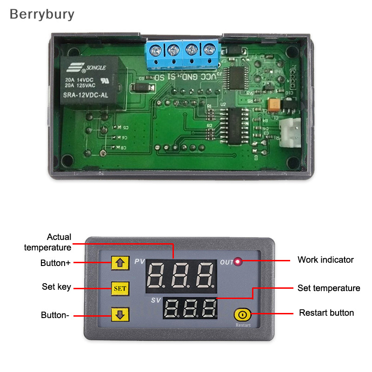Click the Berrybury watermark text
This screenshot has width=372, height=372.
click(x=42, y=14)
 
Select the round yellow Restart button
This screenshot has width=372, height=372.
click(x=242, y=315)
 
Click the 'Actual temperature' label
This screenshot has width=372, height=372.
click(x=47, y=242)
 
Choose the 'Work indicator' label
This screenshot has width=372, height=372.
click(x=325, y=259)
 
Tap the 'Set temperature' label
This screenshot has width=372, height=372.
click(x=329, y=288)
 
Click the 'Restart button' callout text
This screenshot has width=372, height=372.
click(x=326, y=313)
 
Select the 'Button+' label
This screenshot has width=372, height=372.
click(x=55, y=263)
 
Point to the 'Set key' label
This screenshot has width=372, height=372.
click(x=56, y=287)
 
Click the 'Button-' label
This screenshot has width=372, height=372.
click(x=55, y=315)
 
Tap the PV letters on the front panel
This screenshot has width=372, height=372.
click(x=139, y=262)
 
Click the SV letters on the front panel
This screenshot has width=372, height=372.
click(x=156, y=300)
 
